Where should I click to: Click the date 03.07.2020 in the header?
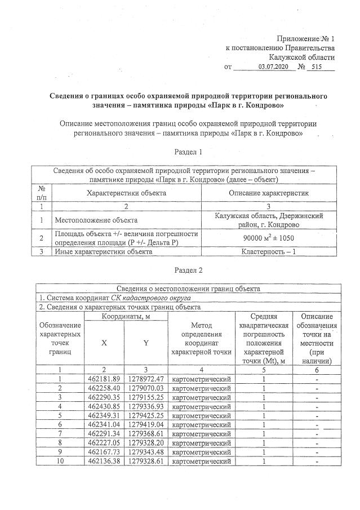click(x=273, y=67)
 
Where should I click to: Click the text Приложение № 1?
click(x=304, y=39)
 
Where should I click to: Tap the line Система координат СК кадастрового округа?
click(x=115, y=298)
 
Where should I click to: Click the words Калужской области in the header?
click(x=301, y=57)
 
